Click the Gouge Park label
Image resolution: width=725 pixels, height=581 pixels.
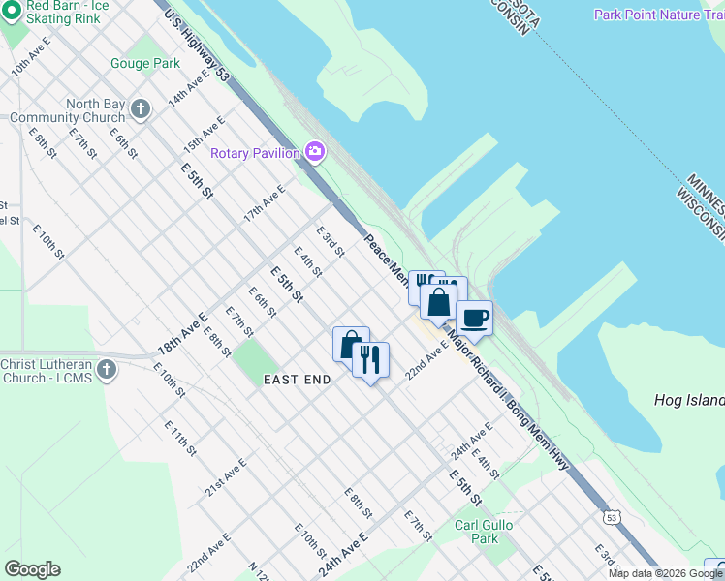(144, 64)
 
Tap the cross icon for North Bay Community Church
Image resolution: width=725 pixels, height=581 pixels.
(141, 108)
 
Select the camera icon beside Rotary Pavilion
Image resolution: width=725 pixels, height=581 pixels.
(314, 152)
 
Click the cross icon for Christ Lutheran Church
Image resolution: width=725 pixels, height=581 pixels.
(107, 369)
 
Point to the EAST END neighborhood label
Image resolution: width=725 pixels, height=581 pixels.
(298, 381)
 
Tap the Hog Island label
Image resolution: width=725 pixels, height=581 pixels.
(689, 400)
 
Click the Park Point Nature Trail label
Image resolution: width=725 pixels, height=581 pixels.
(658, 15)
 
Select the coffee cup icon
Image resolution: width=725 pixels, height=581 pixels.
(474, 318)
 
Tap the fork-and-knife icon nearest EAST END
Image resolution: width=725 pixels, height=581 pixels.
(369, 360)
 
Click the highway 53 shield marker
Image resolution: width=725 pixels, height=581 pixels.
(611, 519)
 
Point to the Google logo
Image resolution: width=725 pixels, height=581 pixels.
(32, 569)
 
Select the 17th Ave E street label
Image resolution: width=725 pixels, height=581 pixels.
(265, 203)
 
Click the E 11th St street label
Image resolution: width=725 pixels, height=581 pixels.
(180, 438)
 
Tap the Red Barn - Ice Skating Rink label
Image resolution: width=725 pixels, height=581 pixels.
(67, 11)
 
